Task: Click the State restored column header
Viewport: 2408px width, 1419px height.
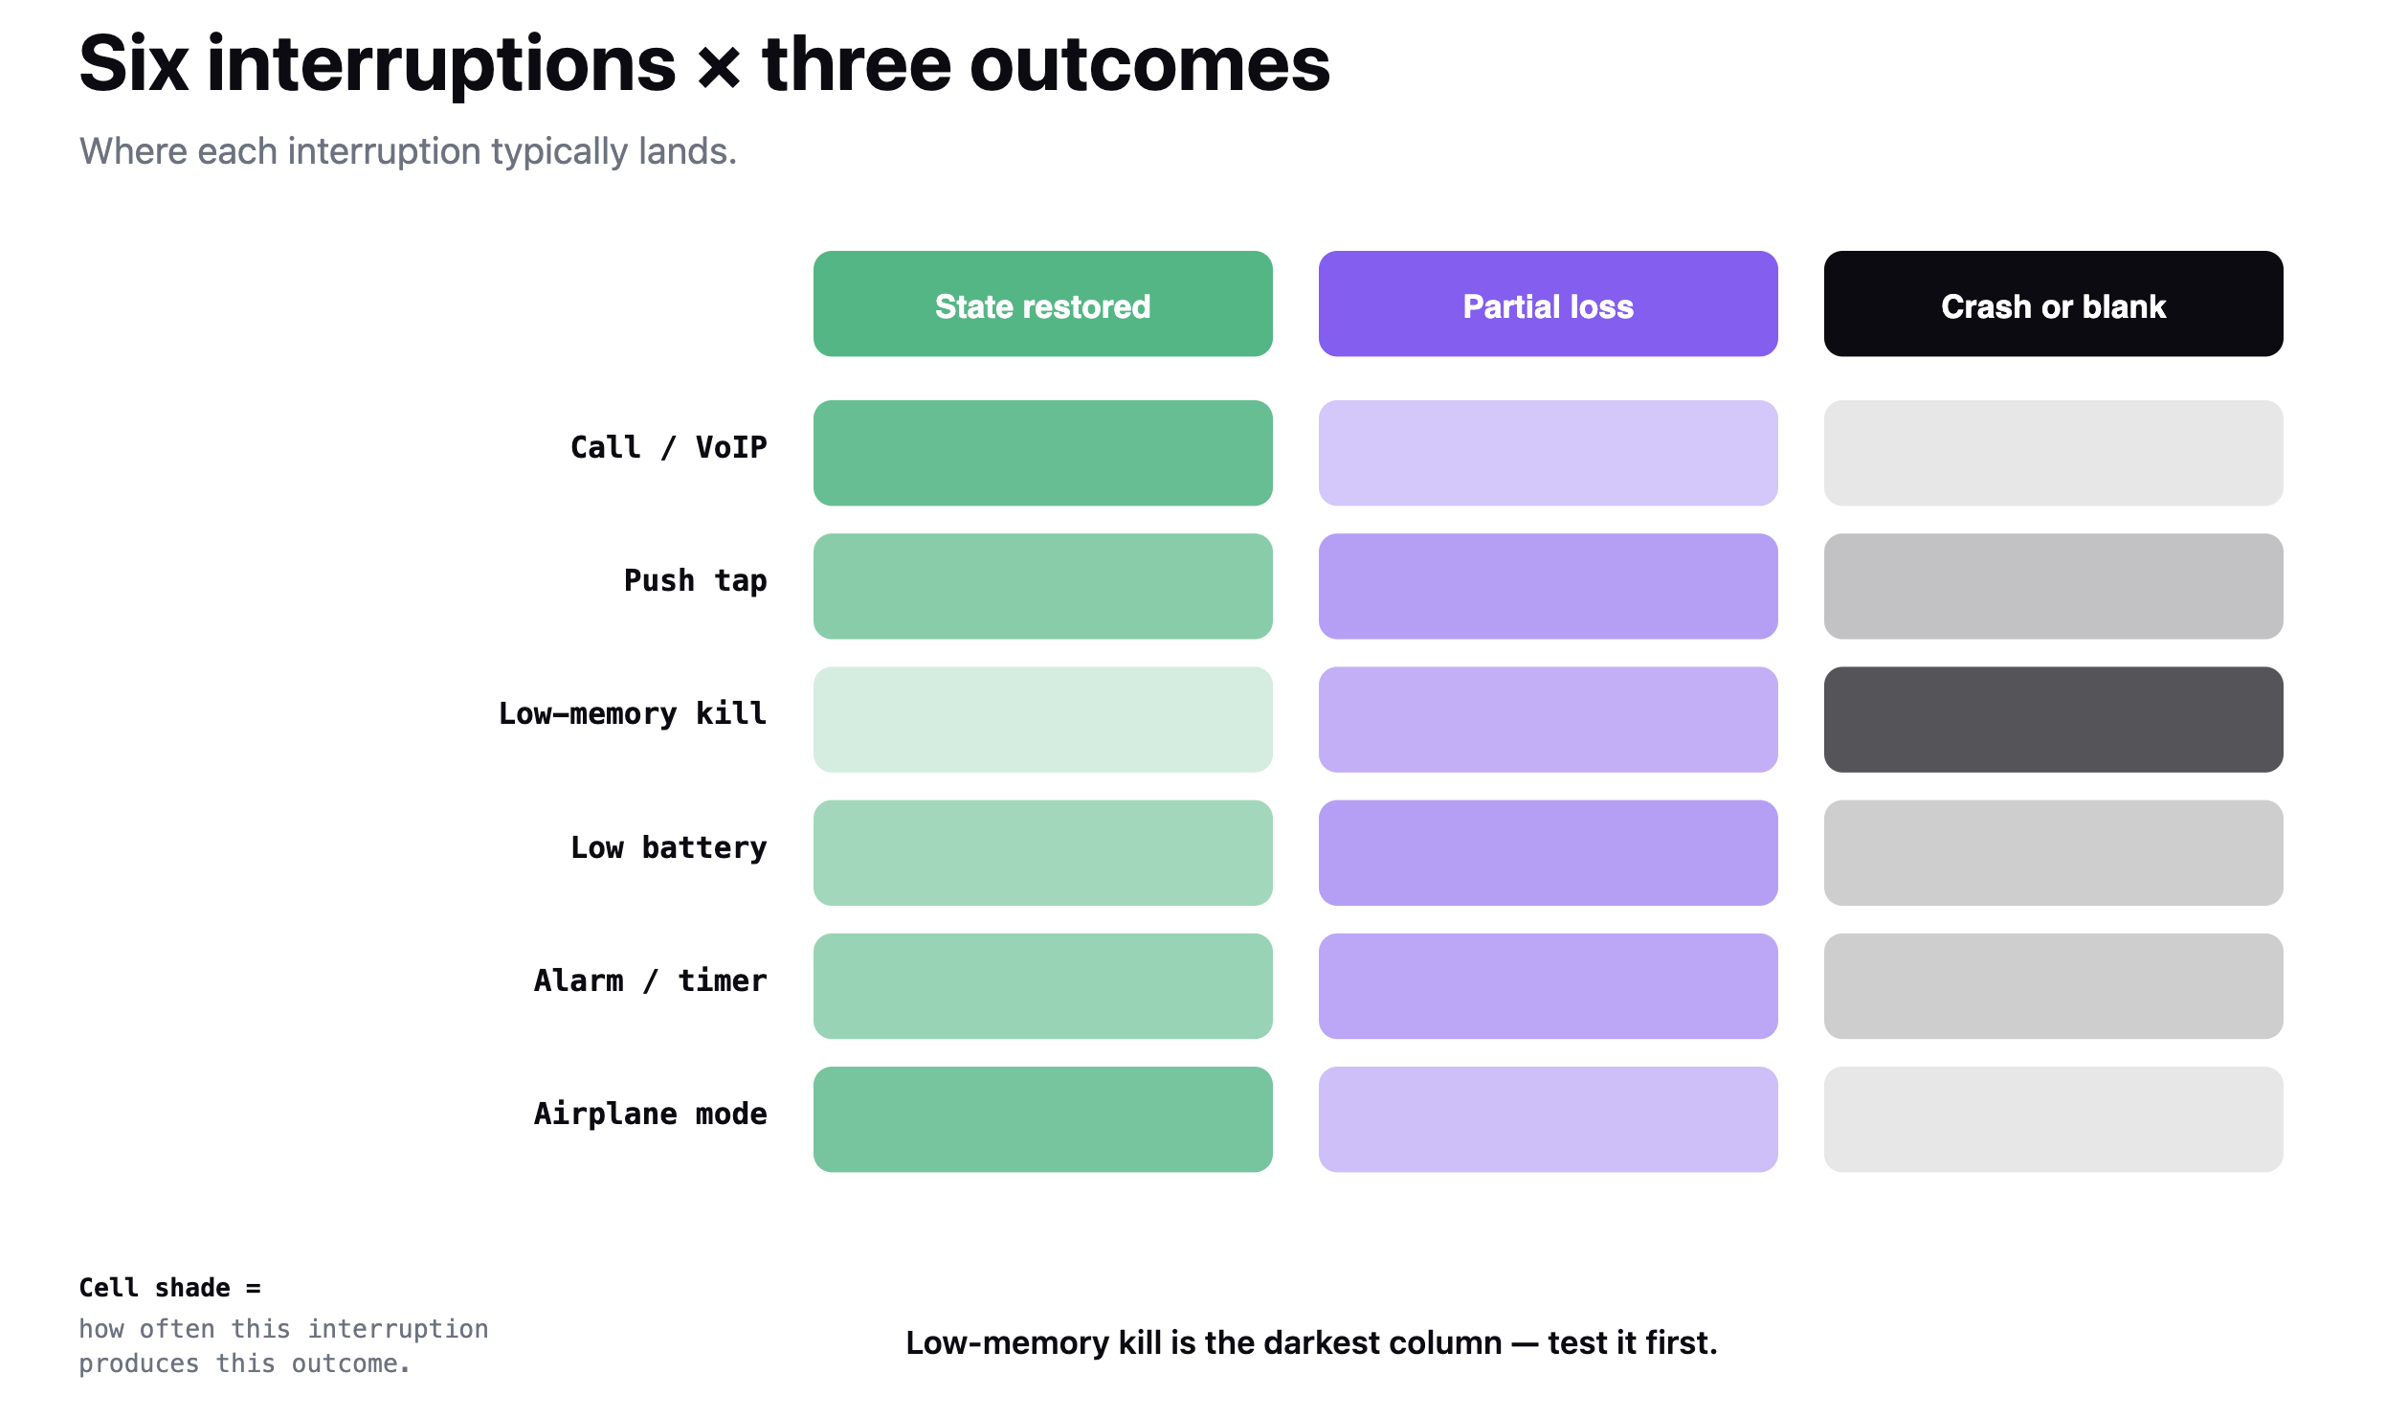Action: pyautogui.click(x=1042, y=304)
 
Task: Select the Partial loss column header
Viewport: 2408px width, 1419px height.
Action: pyautogui.click(x=1548, y=304)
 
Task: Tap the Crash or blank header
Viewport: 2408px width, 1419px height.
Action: pyautogui.click(x=2053, y=304)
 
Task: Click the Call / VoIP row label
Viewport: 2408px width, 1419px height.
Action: pyautogui.click(x=668, y=447)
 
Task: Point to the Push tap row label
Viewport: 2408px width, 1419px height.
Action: pyautogui.click(x=695, y=581)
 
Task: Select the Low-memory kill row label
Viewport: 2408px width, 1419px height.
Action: pyautogui.click(x=632, y=713)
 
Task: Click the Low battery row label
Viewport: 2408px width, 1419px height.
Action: pyautogui.click(x=668, y=847)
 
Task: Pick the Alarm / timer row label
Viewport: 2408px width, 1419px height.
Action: pyautogui.click(x=650, y=980)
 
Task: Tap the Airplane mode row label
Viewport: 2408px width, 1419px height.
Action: pyautogui.click(x=650, y=1114)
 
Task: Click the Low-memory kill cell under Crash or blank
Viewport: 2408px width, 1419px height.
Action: pyautogui.click(x=2053, y=719)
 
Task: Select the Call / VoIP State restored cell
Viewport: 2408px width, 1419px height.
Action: pyautogui.click(x=1042, y=453)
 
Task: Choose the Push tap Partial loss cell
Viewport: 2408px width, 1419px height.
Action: pyautogui.click(x=1548, y=586)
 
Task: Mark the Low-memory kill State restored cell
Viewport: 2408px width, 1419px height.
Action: pyautogui.click(x=1042, y=719)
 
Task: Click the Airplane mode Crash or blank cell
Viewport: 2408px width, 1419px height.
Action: pyautogui.click(x=2053, y=1119)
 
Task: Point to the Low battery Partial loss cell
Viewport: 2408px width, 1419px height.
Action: pyautogui.click(x=1548, y=852)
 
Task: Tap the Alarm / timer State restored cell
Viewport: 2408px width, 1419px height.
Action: pyautogui.click(x=1042, y=986)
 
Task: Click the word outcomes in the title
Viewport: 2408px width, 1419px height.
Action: pyautogui.click(x=1149, y=64)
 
